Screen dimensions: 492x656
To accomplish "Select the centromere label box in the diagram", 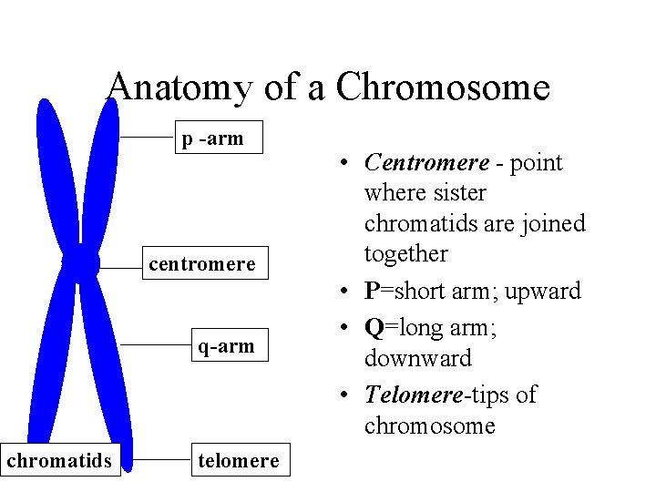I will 202,263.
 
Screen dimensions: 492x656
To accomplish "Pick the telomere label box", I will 239,460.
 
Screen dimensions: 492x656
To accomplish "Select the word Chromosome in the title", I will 443,88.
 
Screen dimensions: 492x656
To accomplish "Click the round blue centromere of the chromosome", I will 81,264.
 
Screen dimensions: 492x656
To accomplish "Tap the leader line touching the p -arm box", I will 148,137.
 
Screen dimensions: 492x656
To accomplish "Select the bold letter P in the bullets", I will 372,292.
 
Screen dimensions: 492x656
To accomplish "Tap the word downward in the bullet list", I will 417,358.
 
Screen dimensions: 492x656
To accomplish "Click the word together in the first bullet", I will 406,253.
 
